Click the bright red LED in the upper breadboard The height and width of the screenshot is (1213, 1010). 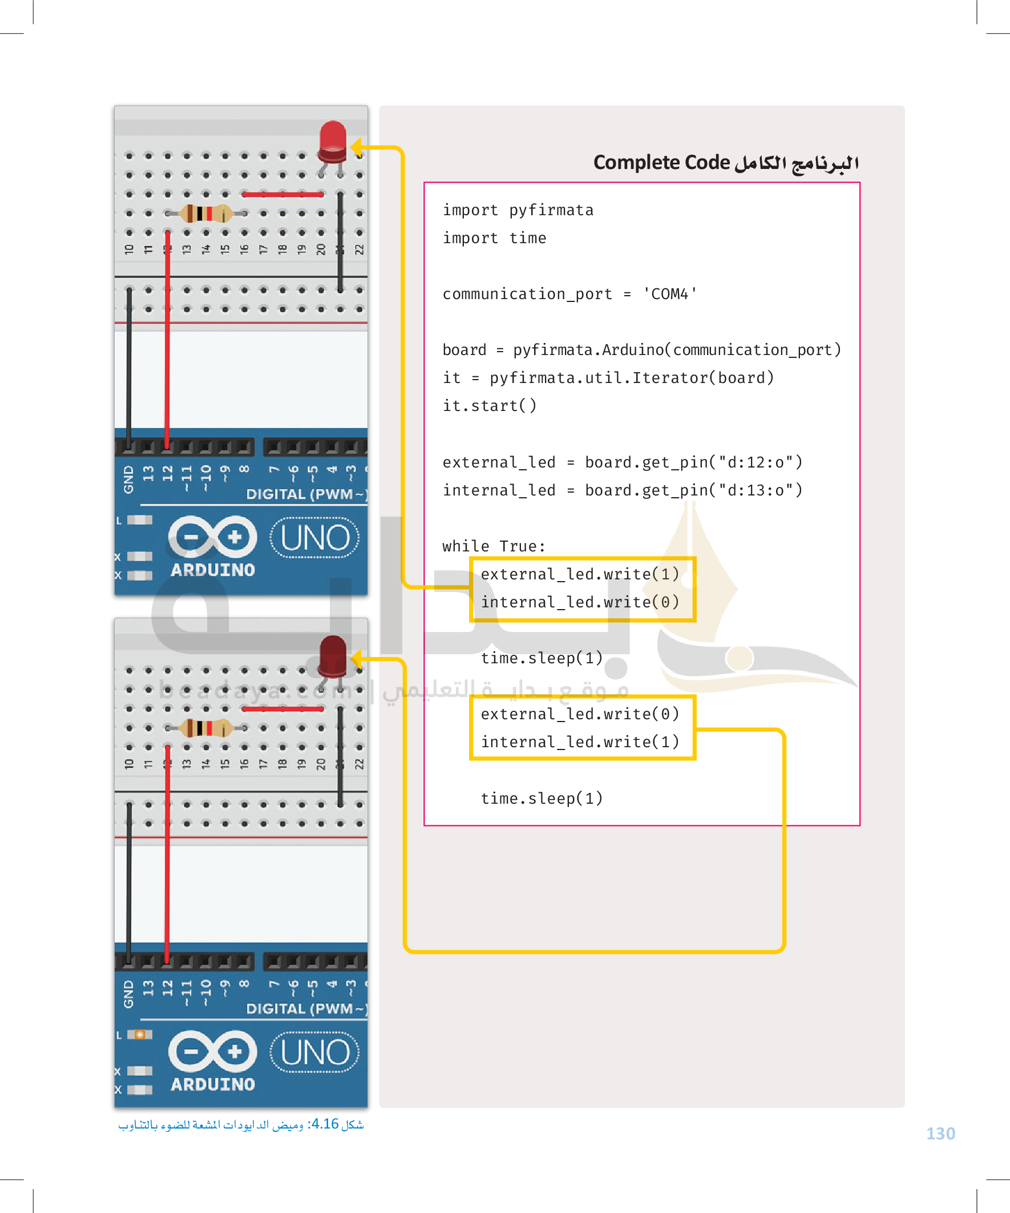click(x=333, y=142)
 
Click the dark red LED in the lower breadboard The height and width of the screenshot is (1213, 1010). click(x=333, y=656)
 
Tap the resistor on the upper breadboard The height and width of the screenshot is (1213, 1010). click(x=205, y=213)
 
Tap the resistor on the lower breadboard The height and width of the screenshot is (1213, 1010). click(x=205, y=728)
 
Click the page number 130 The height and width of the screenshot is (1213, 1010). click(x=941, y=1134)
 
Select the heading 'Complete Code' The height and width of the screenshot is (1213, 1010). click(x=662, y=162)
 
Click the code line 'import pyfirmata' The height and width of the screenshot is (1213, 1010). click(x=518, y=210)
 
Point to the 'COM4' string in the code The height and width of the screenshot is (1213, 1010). click(x=670, y=294)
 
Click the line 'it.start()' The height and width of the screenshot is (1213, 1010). click(x=490, y=406)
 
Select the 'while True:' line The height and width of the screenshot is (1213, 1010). click(x=494, y=546)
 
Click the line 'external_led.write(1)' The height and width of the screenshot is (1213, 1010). click(x=580, y=574)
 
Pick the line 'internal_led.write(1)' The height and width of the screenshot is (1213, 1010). click(x=580, y=742)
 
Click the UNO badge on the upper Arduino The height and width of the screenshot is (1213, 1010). click(x=315, y=538)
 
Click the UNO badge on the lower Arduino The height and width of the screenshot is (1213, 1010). click(x=315, y=1053)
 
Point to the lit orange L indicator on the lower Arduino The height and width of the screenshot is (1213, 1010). click(x=139, y=1034)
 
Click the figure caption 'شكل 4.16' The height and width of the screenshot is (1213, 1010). click(x=337, y=1124)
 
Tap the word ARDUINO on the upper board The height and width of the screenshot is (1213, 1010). click(x=212, y=570)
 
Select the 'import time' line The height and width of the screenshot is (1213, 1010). click(x=494, y=238)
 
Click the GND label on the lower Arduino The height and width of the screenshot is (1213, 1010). click(x=128, y=994)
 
